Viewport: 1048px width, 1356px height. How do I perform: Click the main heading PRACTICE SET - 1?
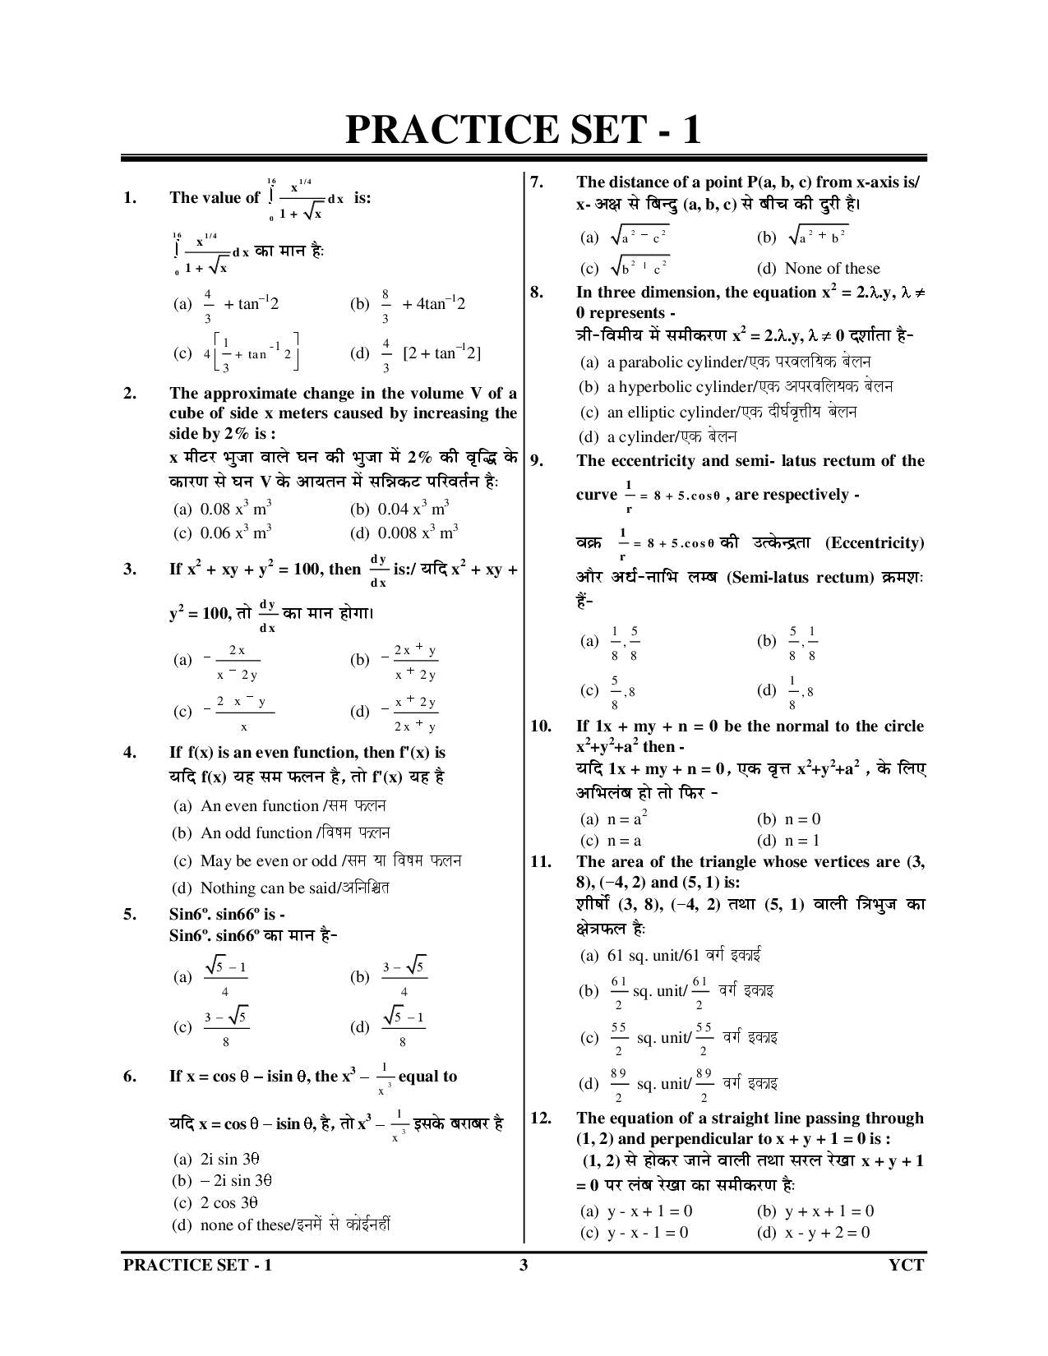point(523,130)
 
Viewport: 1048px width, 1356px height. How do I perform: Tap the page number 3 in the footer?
point(524,1265)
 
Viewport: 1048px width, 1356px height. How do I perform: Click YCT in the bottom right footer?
point(906,1265)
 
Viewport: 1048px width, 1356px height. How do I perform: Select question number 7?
point(536,182)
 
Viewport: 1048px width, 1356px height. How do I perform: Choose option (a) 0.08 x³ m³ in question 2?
point(223,509)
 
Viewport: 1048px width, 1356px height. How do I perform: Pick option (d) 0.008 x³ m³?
point(404,533)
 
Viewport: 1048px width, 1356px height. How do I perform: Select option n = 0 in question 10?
point(788,819)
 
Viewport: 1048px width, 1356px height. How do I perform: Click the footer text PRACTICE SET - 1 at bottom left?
point(197,1265)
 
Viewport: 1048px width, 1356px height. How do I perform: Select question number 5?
point(129,915)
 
